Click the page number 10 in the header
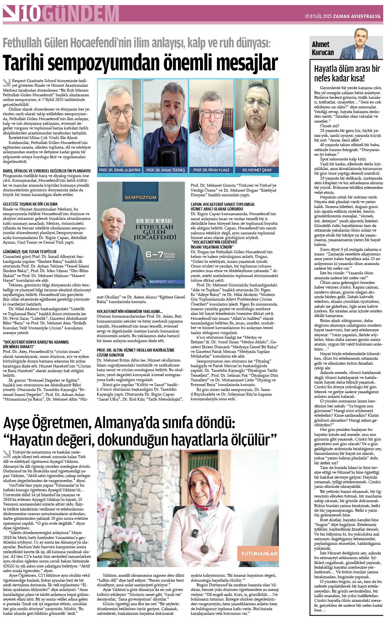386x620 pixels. pos(31,14)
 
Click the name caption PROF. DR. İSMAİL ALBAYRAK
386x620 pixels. pos(120,170)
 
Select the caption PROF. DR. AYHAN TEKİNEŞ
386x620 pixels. pos(165,170)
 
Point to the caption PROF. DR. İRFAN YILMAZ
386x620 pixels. pos(211,170)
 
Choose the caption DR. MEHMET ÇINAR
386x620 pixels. pos(257,170)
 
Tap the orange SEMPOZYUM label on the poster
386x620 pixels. pos(141,197)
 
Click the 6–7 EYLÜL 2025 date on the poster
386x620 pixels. pos(160,255)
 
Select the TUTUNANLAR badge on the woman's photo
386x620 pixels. pos(259,553)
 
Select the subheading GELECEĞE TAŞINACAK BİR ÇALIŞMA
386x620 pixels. pos(30,204)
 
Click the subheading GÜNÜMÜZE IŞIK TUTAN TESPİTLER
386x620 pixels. pos(30,252)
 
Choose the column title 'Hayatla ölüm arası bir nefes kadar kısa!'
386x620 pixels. pos(347,73)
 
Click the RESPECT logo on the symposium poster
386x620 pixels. pos(158,281)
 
